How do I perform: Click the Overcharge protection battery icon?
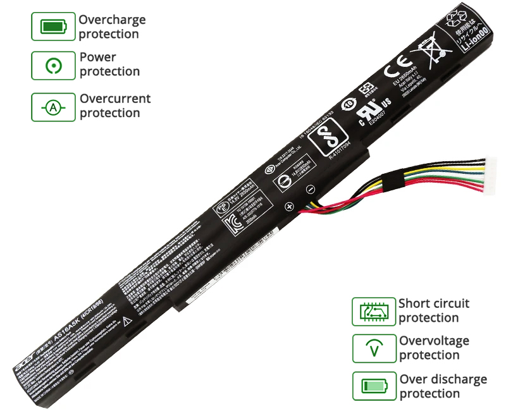(52, 27)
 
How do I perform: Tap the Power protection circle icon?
(52, 65)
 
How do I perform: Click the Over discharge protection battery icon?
(373, 386)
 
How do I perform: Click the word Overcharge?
(112, 20)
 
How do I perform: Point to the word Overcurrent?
(115, 99)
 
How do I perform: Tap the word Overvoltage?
(434, 341)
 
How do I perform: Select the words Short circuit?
(434, 303)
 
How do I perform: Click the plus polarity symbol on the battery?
(288, 206)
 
